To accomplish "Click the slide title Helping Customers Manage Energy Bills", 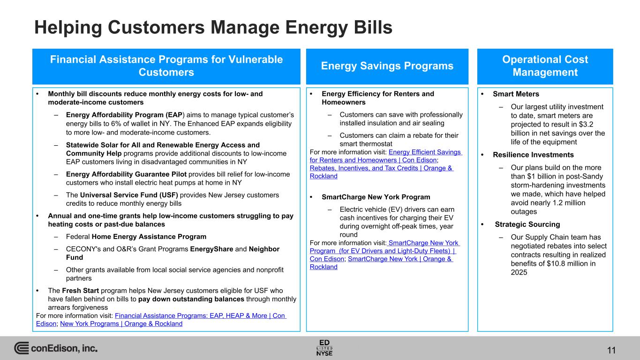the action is click(x=213, y=28).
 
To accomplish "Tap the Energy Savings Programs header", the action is click(x=387, y=66).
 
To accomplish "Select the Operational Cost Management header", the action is click(x=545, y=66).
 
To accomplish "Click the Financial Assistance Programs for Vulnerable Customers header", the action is click(x=166, y=66).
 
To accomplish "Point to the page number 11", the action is click(x=611, y=350).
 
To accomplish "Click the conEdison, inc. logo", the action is click(x=56, y=348).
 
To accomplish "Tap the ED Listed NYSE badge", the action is click(x=324, y=348).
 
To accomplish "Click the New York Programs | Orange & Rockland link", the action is click(x=121, y=324).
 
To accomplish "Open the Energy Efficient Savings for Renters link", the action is click(x=386, y=156).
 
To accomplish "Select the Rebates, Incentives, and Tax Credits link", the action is click(x=381, y=172).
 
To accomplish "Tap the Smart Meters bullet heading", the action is click(x=516, y=94).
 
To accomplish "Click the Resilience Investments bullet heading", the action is click(x=533, y=155).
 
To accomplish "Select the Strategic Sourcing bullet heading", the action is click(x=527, y=225).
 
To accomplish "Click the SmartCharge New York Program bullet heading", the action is click(x=376, y=197).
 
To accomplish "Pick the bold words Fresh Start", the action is click(x=80, y=291).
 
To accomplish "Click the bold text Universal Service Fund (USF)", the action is click(x=129, y=195).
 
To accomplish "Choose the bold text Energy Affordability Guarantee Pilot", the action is click(x=126, y=174).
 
